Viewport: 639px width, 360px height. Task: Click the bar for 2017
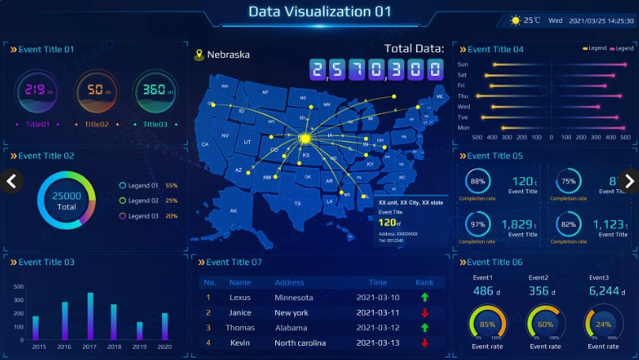point(90,316)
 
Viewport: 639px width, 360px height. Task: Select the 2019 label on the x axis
point(139,347)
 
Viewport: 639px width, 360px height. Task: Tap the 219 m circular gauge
point(36,90)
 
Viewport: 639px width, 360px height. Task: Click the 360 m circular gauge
point(154,90)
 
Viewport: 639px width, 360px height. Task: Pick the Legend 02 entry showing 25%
point(148,201)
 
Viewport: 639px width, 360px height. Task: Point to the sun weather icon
point(516,21)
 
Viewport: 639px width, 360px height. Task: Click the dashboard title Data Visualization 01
point(319,12)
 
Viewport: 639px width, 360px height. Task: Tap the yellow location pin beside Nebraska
point(199,55)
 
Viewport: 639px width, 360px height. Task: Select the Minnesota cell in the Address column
point(293,297)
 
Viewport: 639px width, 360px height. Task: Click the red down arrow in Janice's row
point(425,313)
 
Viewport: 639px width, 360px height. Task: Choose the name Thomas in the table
point(240,328)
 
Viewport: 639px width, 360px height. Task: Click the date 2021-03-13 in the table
point(378,343)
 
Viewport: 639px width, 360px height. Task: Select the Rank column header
point(425,282)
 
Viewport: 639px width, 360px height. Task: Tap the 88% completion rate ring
point(478,181)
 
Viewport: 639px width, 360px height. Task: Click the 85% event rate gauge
point(487,324)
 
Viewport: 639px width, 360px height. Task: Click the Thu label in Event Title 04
point(463,96)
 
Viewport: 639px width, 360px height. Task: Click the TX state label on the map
point(297,203)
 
